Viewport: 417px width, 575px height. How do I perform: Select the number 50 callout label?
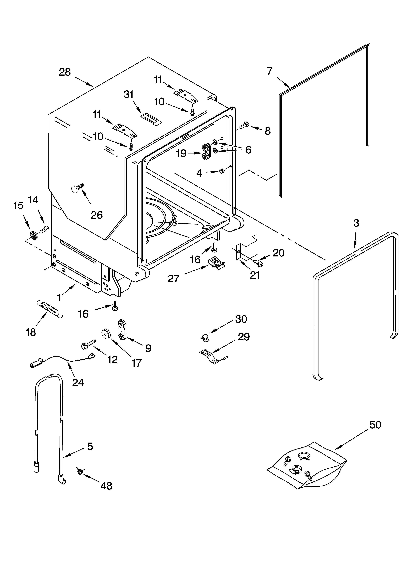coord(375,425)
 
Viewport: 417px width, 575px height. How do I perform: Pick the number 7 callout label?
coord(269,71)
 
